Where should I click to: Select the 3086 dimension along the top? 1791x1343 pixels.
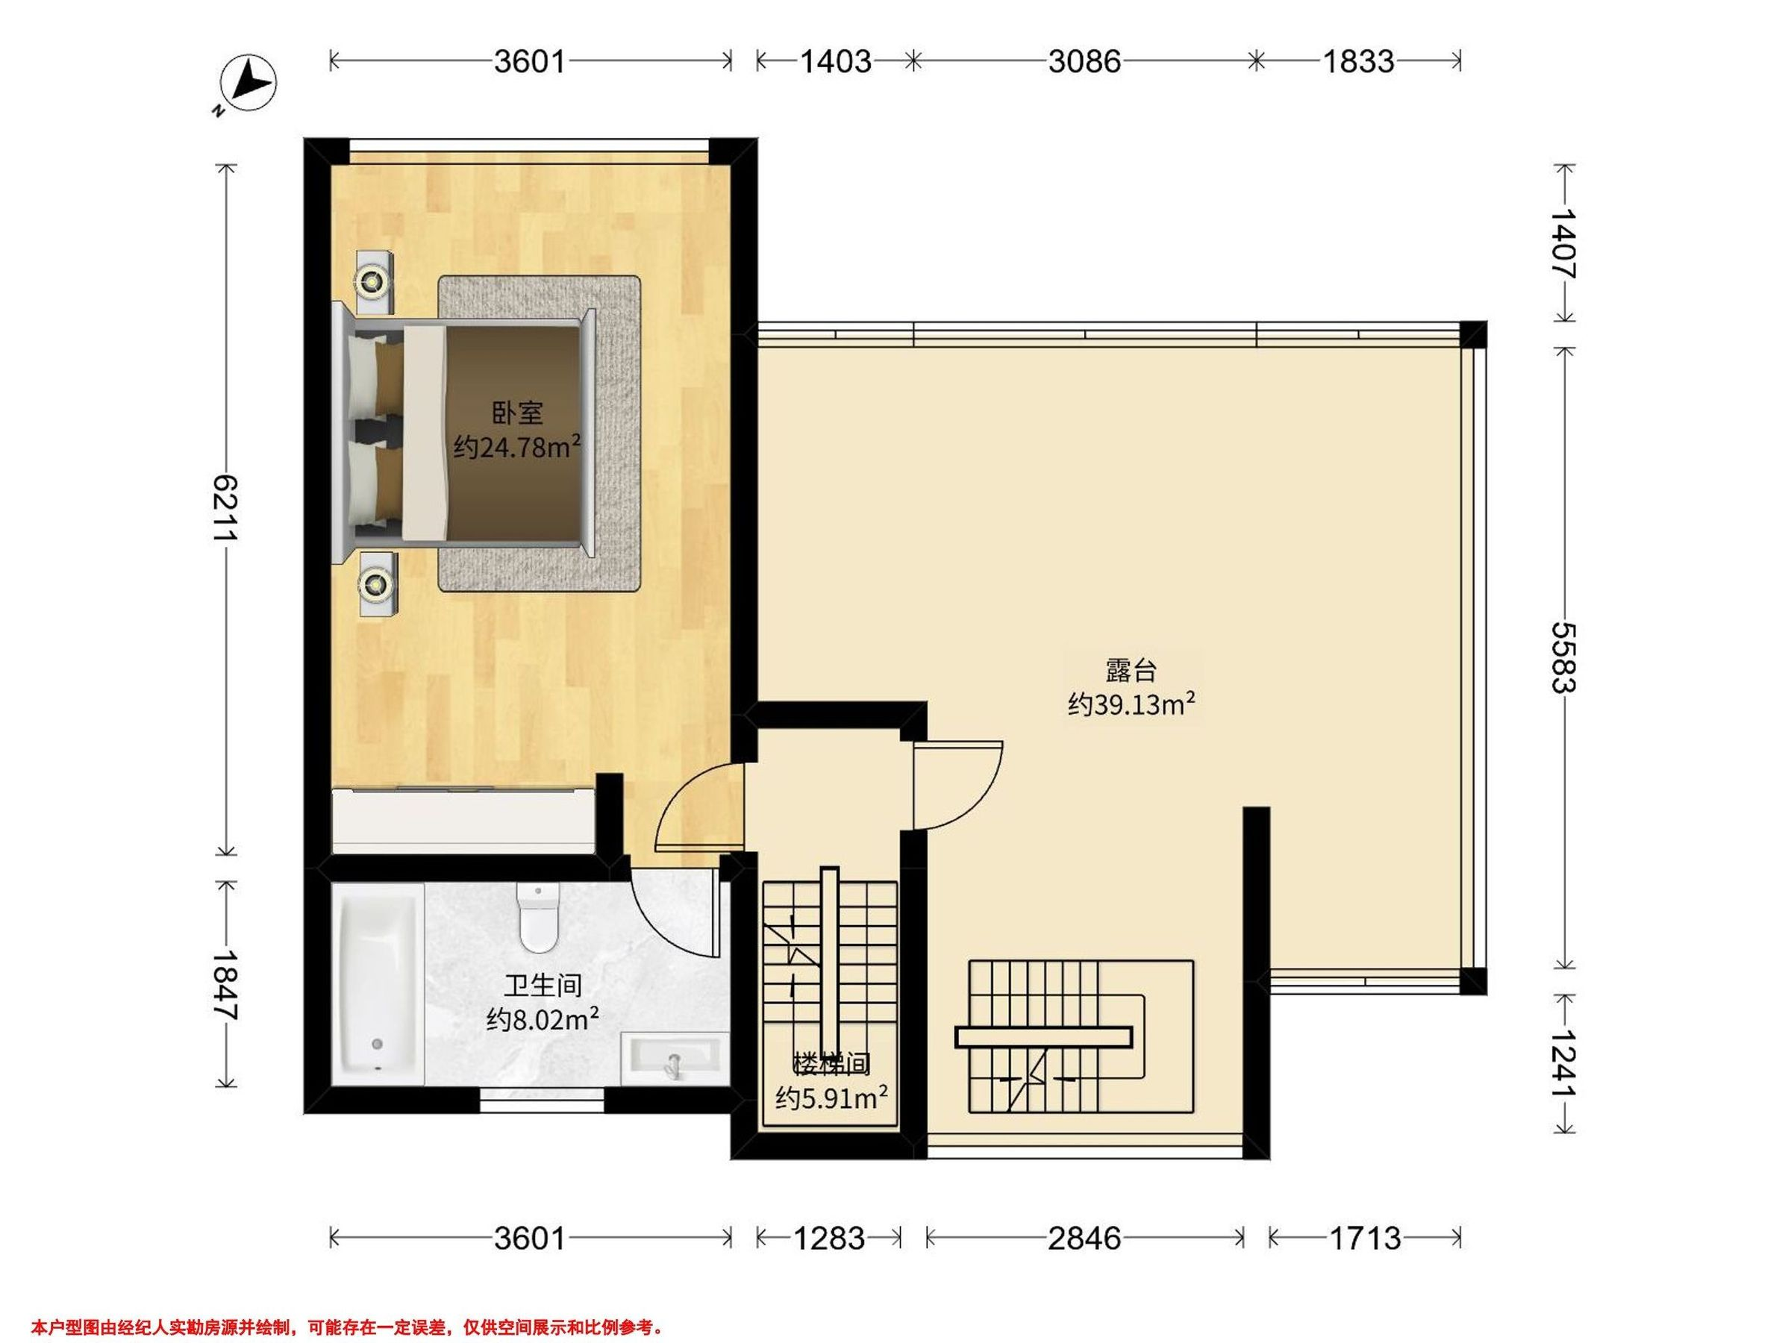1084,61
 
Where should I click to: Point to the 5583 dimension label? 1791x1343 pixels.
1563,657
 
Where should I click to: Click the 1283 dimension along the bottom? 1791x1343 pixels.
829,1238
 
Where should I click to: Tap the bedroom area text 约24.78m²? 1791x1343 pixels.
516,445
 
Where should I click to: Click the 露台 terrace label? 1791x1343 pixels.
1131,670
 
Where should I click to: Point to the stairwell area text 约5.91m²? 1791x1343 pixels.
831,1098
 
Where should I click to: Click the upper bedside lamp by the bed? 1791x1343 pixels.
372,282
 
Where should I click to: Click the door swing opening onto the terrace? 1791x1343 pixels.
959,784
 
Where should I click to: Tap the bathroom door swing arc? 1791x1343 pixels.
672,911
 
